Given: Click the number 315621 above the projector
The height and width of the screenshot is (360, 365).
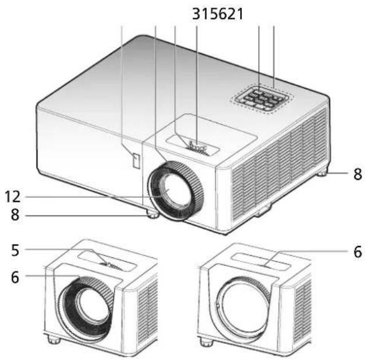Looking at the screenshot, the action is click(x=218, y=14).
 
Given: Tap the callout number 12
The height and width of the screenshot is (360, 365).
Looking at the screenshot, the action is click(x=13, y=197).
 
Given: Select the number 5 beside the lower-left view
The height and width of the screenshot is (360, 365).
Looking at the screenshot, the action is click(x=15, y=251).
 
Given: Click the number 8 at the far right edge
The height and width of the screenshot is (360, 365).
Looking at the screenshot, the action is click(x=358, y=174).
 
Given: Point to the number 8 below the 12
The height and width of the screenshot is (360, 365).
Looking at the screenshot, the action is click(x=15, y=215).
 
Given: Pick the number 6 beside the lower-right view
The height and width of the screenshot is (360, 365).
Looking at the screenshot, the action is click(x=358, y=252).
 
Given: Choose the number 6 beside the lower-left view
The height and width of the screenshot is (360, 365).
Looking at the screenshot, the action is click(x=15, y=277).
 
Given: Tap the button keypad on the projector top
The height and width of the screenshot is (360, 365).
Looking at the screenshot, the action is click(x=262, y=99).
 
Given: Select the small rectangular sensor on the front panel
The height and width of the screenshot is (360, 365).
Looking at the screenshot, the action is click(x=136, y=161).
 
